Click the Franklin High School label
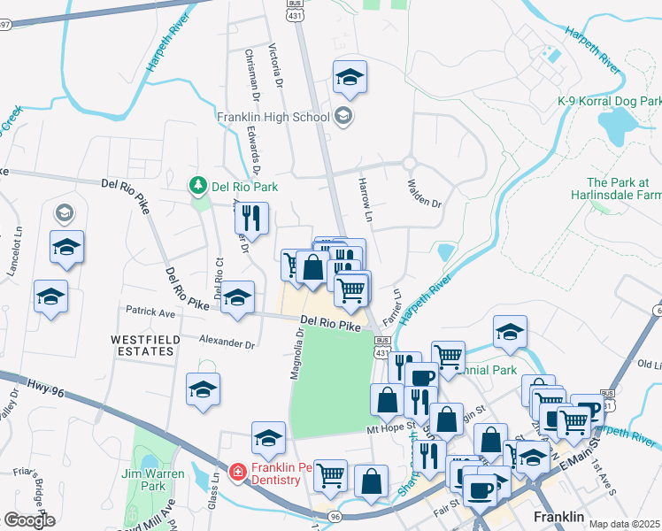point(273,117)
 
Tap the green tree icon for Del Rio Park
point(198,187)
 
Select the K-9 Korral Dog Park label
point(610,101)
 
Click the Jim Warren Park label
point(154,480)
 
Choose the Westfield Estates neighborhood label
point(145,345)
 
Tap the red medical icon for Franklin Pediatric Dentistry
point(237,473)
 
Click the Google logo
point(29,520)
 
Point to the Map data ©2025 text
point(625,524)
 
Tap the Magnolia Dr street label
point(298,353)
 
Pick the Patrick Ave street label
point(150,312)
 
